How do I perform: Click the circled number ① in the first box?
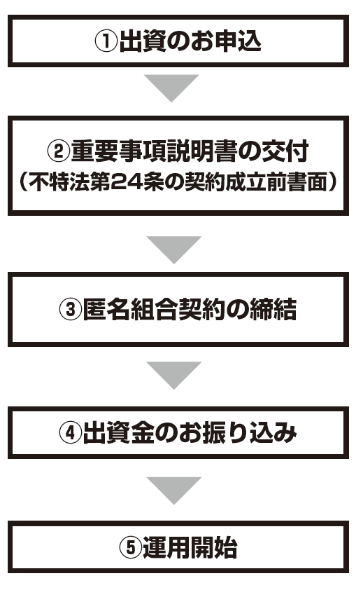(x=106, y=41)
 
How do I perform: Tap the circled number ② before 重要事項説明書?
(x=59, y=151)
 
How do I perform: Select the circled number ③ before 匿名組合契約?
(x=71, y=309)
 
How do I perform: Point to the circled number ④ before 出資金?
(x=71, y=432)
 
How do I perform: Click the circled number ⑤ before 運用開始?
(x=131, y=547)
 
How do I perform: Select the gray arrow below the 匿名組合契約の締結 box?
(x=174, y=375)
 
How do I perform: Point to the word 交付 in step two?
(x=285, y=151)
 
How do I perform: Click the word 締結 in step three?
(x=273, y=309)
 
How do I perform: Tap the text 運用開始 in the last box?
(x=190, y=547)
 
